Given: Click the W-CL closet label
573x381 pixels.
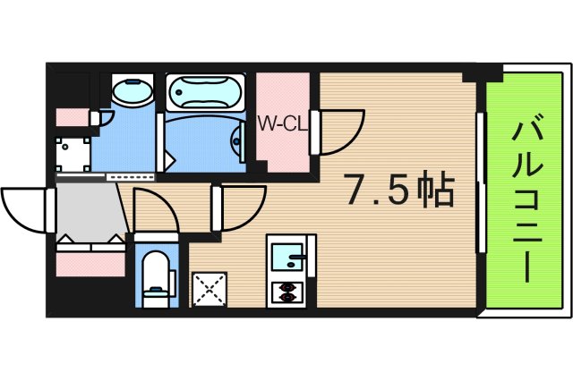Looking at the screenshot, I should click(x=283, y=124).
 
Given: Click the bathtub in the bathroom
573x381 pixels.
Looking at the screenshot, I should click(x=204, y=91).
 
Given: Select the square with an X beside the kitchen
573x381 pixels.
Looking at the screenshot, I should click(x=209, y=290).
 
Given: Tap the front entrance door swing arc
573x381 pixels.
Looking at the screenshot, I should click(x=25, y=207).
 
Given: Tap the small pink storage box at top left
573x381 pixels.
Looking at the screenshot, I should click(x=70, y=117).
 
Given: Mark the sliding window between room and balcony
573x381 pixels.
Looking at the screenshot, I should click(x=481, y=183).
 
